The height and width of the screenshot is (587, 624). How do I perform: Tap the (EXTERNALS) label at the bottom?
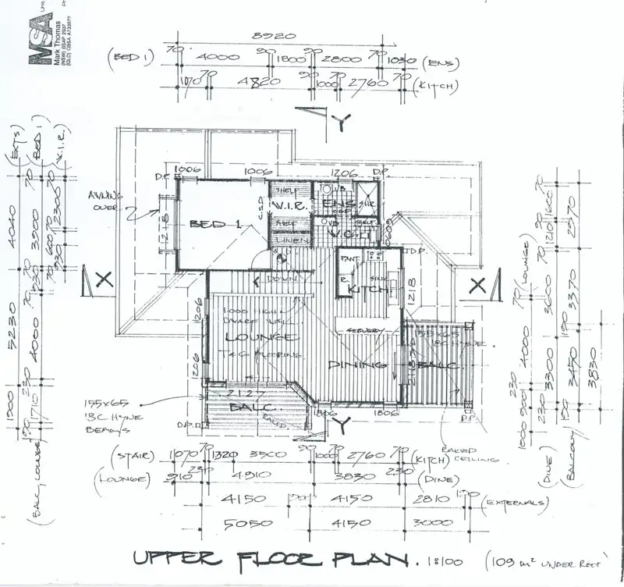point(516,502)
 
